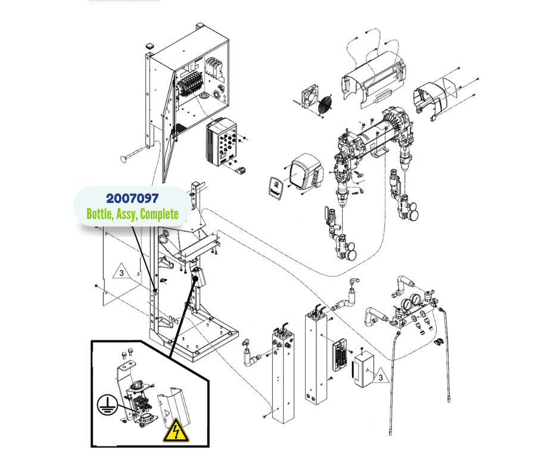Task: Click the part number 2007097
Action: [132, 199]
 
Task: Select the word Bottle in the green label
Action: [99, 214]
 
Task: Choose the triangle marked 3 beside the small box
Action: [378, 376]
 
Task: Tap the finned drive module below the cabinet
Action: [222, 143]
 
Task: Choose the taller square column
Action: [316, 357]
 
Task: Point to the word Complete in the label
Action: [159, 214]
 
